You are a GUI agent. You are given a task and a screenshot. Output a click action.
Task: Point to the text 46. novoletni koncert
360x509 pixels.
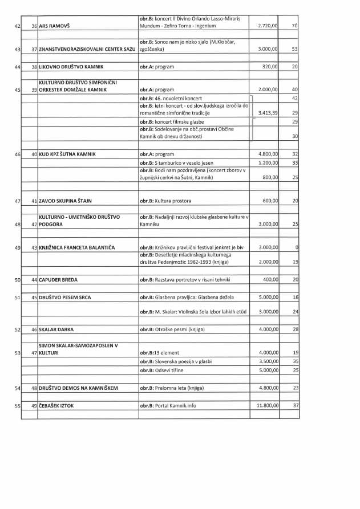(x=171, y=99)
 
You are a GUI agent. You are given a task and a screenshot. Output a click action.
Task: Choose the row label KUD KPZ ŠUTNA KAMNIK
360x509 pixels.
(x=67, y=154)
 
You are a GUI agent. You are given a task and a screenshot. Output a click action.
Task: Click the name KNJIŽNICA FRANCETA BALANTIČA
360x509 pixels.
(x=77, y=247)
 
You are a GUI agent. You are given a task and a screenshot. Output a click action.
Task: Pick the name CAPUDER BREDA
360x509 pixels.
(x=58, y=280)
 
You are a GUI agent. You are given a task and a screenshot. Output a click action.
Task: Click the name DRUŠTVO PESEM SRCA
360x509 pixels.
(x=64, y=298)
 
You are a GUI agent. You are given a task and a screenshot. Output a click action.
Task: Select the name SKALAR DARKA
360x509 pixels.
(x=56, y=330)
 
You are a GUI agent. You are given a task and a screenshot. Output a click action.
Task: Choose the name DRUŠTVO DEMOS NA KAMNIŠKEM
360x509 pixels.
(x=78, y=389)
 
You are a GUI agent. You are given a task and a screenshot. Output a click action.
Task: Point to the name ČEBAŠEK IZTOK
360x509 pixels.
(x=56, y=406)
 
